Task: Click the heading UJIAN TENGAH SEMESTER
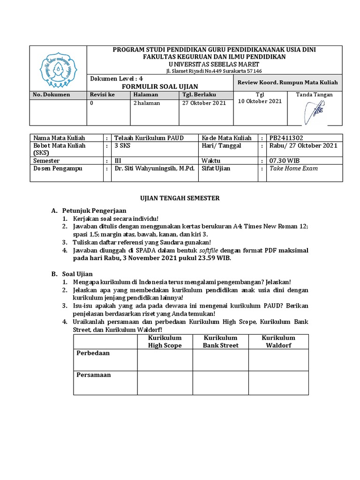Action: click(180, 198)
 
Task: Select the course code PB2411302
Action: click(287, 138)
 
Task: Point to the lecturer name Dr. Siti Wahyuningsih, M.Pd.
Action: click(154, 168)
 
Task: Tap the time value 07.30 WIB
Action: click(284, 160)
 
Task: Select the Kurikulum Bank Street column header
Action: click(220, 341)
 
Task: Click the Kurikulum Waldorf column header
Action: click(278, 341)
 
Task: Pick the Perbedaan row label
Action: click(93, 353)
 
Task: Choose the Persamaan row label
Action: click(93, 375)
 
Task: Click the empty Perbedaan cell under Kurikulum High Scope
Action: click(165, 360)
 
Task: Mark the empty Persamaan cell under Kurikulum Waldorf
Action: click(278, 382)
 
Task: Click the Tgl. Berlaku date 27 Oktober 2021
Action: click(203, 103)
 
